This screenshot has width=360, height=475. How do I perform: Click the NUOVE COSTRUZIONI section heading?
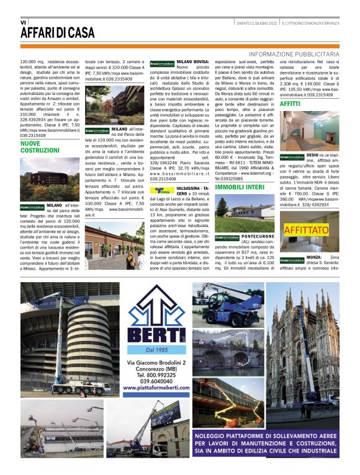pos(40,146)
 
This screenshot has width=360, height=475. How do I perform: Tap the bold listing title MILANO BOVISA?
pos(192,63)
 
